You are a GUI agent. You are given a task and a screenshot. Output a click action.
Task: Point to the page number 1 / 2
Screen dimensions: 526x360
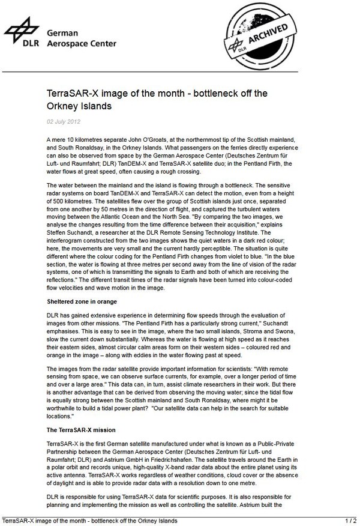(x=351, y=519)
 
